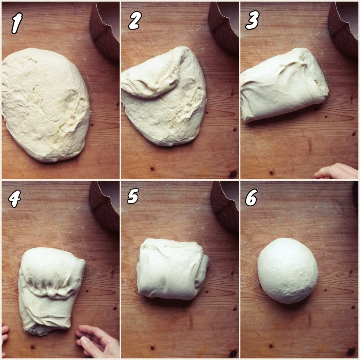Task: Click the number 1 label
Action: (x=17, y=23)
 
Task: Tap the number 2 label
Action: (x=135, y=20)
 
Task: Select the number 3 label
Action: (x=252, y=20)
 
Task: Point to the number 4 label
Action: (x=15, y=198)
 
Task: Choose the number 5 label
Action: (x=133, y=196)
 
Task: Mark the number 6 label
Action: (x=252, y=198)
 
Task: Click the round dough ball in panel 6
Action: (x=288, y=270)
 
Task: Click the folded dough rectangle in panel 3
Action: (x=284, y=85)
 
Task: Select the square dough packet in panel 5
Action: (x=172, y=269)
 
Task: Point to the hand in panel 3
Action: (x=336, y=171)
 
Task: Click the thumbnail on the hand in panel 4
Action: (x=84, y=340)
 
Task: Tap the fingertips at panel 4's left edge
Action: (x=4, y=338)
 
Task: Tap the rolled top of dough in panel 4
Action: (x=50, y=272)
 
